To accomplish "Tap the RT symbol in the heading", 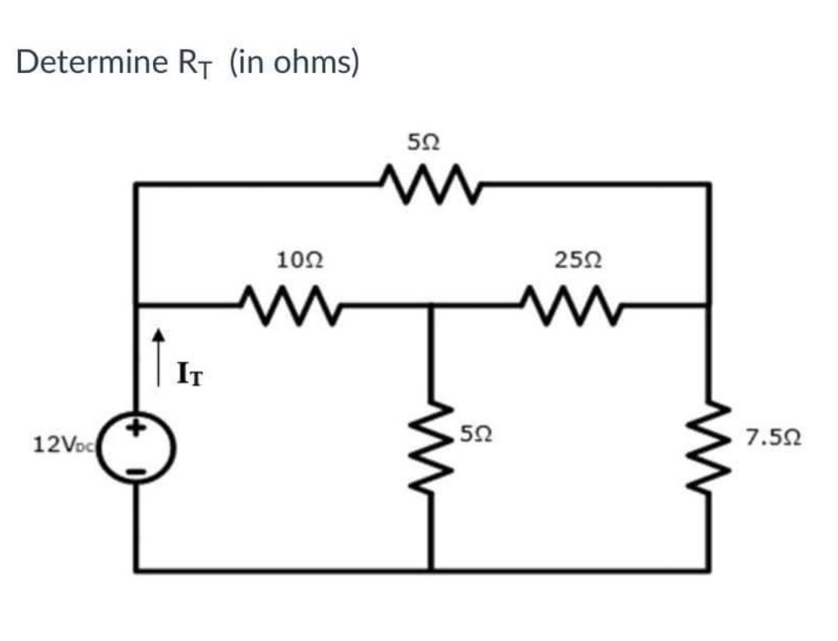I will pyautogui.click(x=195, y=64).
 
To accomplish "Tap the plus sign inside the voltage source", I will pyautogui.click(x=141, y=426).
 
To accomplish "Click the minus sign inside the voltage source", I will pyautogui.click(x=141, y=467).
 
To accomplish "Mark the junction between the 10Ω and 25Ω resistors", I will pyautogui.click(x=431, y=305).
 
